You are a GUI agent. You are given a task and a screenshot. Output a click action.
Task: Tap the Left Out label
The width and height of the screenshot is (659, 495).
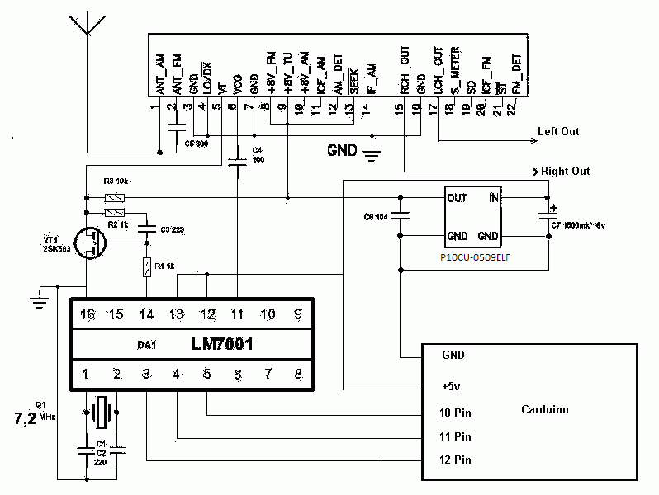(x=558, y=131)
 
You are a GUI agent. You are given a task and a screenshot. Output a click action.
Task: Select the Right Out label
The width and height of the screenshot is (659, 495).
(x=565, y=172)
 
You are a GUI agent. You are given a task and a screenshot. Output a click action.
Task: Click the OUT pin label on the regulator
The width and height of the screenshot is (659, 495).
(x=458, y=198)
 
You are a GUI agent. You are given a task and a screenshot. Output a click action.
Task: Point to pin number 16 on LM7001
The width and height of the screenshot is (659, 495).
(x=85, y=313)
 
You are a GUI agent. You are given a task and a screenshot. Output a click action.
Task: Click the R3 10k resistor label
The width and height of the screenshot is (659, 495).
(x=116, y=181)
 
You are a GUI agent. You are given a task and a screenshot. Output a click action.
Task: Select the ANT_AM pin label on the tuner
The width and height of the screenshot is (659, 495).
(x=159, y=73)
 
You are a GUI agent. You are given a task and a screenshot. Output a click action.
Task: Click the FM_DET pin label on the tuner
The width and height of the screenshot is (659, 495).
(x=516, y=73)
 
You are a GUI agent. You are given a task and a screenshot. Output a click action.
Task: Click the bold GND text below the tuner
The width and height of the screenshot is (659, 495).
(x=342, y=150)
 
